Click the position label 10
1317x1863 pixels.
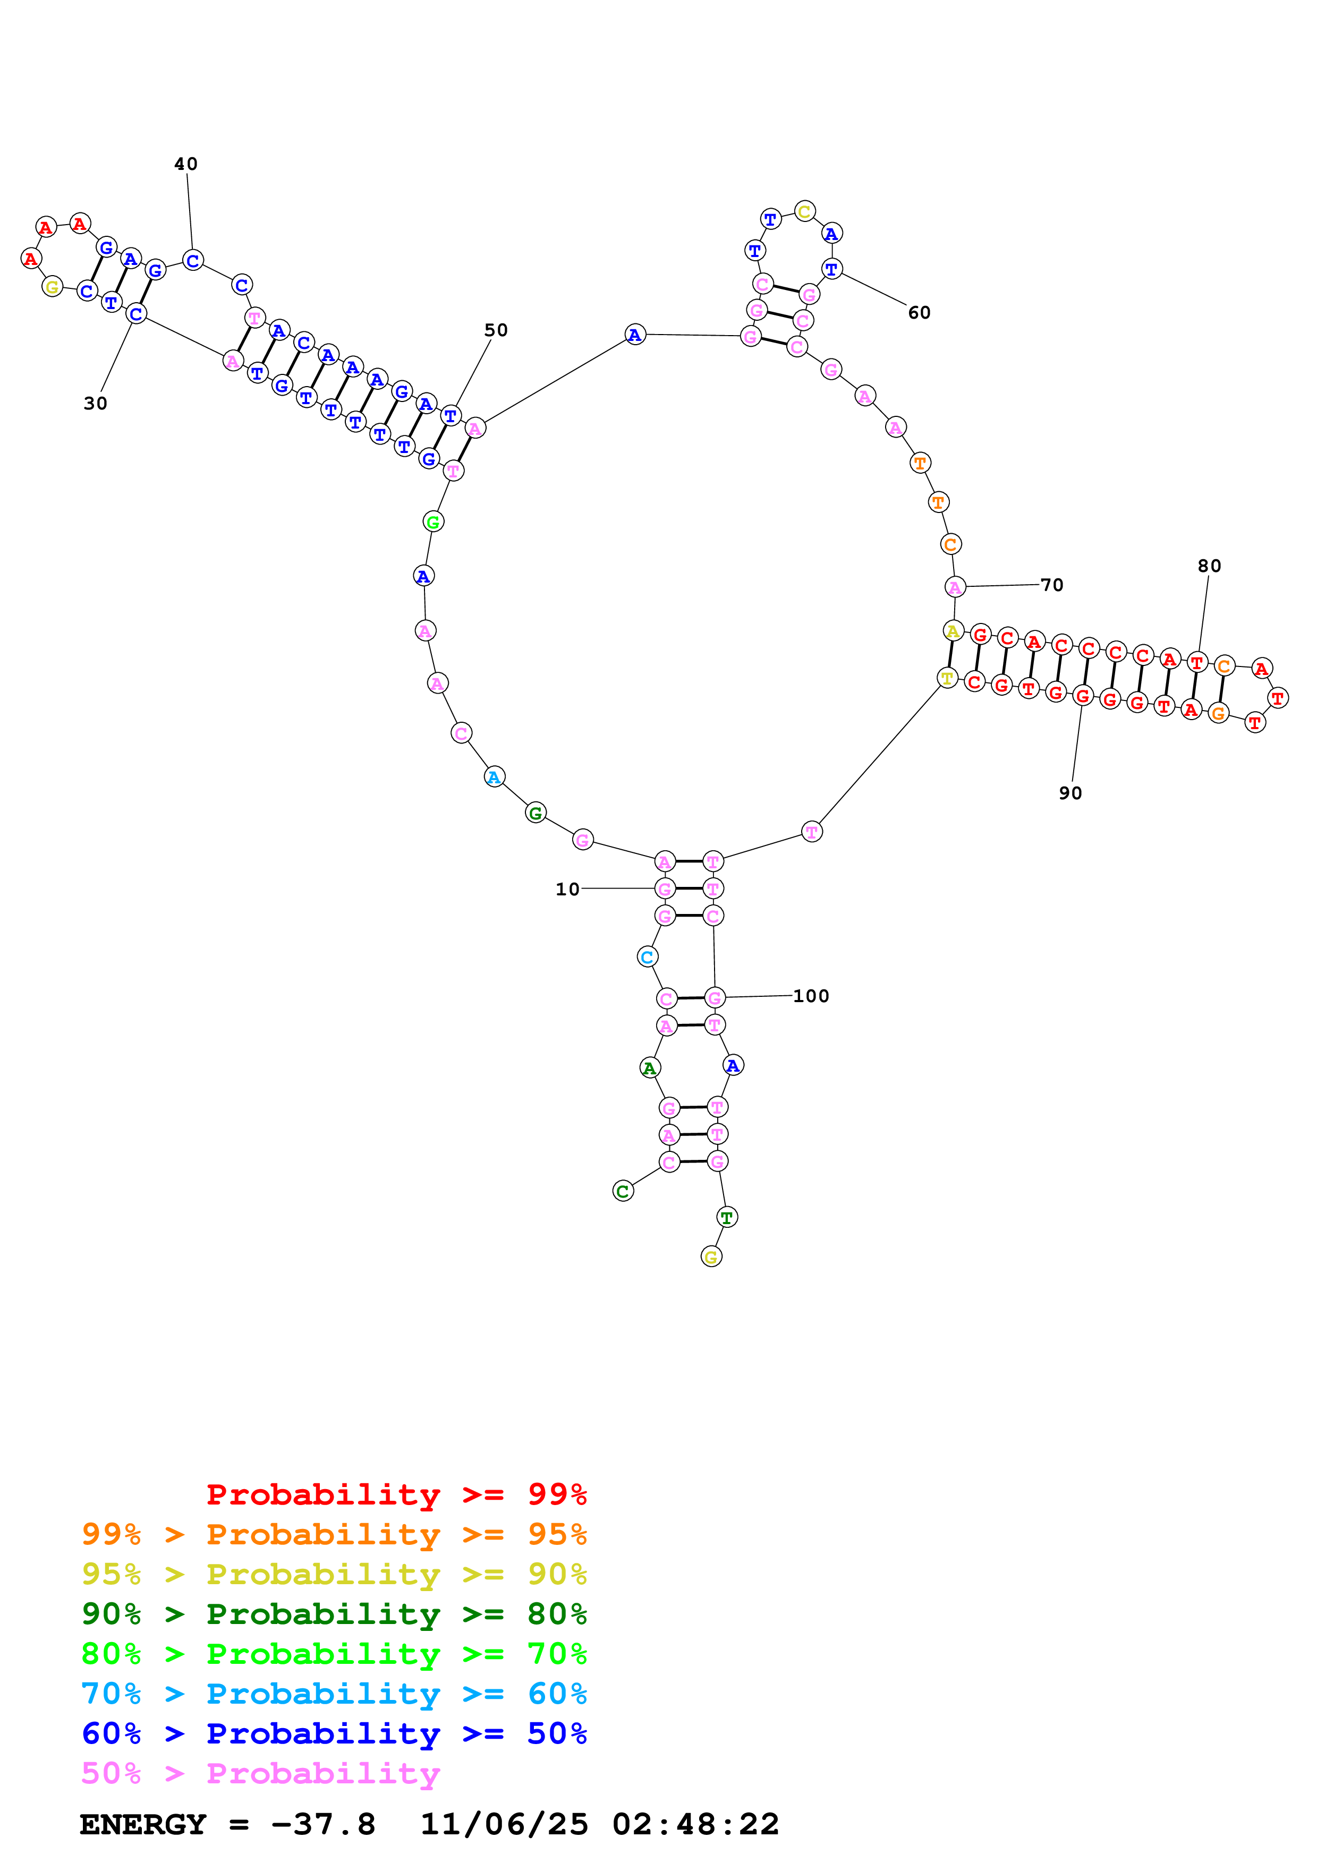coord(567,890)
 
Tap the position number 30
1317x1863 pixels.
coord(95,403)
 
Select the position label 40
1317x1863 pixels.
coord(186,164)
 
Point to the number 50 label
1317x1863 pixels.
coord(496,330)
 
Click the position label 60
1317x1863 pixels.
coord(919,312)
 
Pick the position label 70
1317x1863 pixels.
coord(1052,585)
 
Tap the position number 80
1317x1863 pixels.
coord(1209,566)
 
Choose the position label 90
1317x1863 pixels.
coord(1070,793)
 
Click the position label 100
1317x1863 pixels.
coord(811,996)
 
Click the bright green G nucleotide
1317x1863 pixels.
coord(434,522)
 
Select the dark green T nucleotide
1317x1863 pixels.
coord(727,1216)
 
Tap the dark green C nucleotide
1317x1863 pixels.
coord(623,1191)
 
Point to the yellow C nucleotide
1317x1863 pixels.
coord(804,212)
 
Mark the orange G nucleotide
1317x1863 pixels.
coord(1218,713)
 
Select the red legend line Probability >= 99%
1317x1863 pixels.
coord(396,1494)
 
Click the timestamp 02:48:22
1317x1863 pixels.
coord(695,1824)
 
